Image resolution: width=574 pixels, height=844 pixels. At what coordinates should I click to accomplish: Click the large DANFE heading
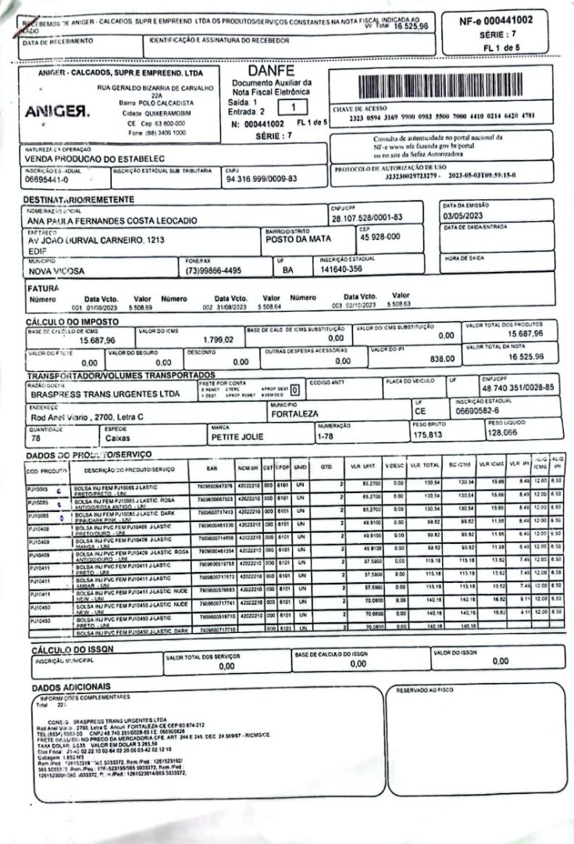pyautogui.click(x=272, y=72)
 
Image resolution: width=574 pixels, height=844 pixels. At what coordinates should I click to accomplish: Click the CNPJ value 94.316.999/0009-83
pyautogui.click(x=261, y=179)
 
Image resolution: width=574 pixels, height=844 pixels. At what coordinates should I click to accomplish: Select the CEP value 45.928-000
pyautogui.click(x=380, y=237)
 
